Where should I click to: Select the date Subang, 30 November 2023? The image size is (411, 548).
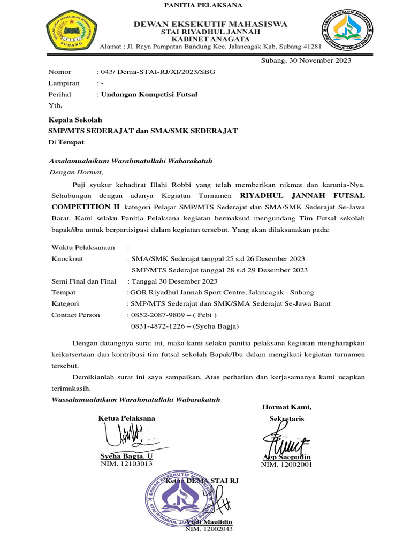pos(306,60)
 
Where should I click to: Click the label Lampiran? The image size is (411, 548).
pos(64,83)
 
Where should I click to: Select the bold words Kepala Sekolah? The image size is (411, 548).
pos(75,120)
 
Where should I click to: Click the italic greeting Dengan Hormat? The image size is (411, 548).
pos(75,172)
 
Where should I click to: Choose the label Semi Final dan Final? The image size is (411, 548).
pos(83,281)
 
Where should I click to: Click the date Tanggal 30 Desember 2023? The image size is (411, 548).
pos(174,281)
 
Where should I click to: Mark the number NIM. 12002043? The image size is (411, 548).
pos(209,529)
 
